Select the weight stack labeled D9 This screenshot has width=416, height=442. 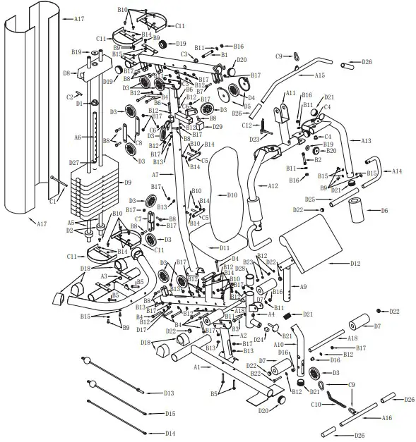pos(128,183)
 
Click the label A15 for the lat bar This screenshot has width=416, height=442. pos(319,75)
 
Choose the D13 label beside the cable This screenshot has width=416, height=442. pos(169,393)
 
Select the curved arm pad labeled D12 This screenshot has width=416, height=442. pos(355,264)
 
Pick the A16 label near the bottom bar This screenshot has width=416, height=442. pos(386,418)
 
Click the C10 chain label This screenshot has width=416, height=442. pos(316,405)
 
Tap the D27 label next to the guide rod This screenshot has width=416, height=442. pos(74,163)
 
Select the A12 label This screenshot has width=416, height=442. pos(273,186)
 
